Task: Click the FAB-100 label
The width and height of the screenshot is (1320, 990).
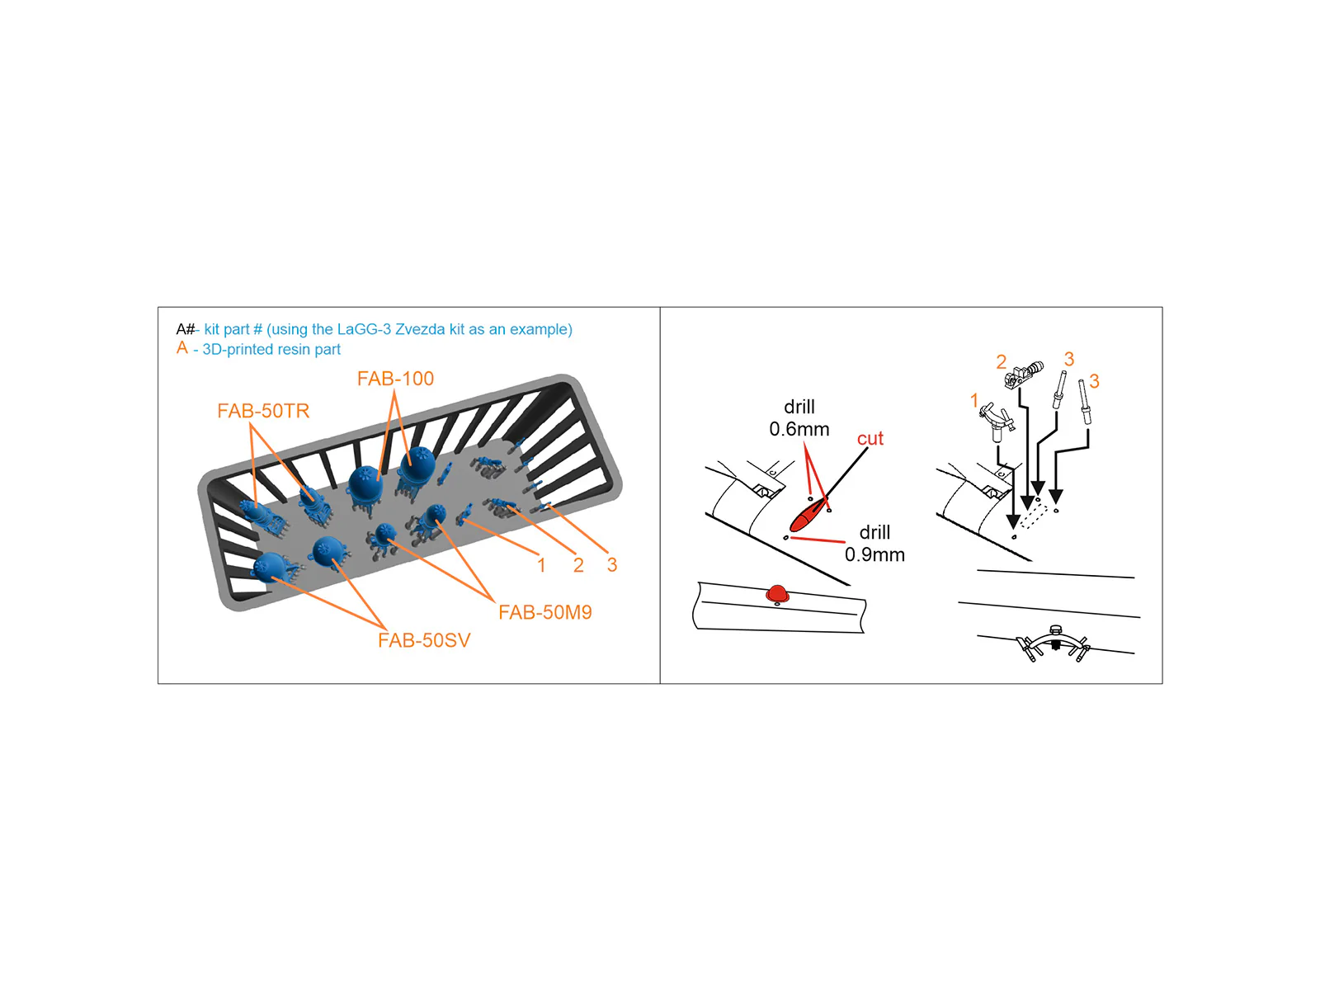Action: [395, 379]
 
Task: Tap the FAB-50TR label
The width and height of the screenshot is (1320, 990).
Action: [263, 411]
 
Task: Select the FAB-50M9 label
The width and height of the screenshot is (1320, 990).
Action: [544, 612]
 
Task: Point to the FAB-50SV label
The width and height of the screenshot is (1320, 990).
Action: [424, 641]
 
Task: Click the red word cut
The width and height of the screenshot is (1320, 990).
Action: [870, 439]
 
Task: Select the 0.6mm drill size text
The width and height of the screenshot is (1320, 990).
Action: [799, 429]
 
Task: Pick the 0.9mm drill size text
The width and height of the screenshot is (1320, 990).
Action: [874, 554]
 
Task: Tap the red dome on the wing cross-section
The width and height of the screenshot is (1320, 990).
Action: [776, 594]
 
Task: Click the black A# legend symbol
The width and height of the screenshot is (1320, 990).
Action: [186, 329]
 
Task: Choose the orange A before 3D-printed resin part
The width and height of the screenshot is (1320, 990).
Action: [182, 348]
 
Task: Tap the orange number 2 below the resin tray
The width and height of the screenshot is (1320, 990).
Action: [578, 565]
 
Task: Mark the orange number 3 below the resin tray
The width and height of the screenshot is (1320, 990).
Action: [611, 565]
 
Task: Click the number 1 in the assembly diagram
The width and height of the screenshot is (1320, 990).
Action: [973, 400]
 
